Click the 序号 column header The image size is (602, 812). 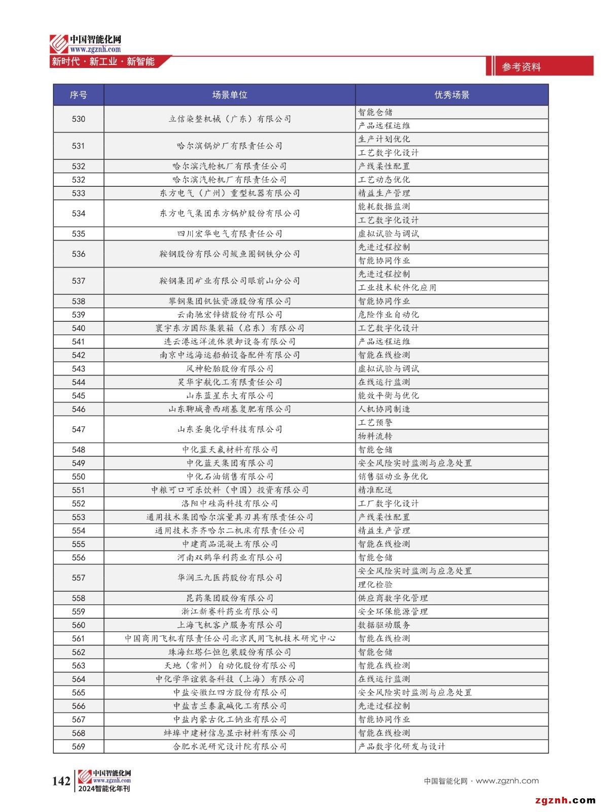click(x=78, y=95)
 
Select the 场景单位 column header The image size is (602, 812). click(x=229, y=95)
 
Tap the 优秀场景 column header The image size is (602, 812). click(x=451, y=95)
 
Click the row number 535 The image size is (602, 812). click(x=78, y=233)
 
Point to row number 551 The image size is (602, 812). click(x=78, y=490)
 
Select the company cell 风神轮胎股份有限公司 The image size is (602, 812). click(x=229, y=368)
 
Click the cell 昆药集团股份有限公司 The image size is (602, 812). click(x=229, y=598)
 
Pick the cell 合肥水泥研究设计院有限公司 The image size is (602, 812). click(x=229, y=747)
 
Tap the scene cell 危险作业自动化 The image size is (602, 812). click(x=388, y=315)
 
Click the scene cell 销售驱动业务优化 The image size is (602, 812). click(x=393, y=477)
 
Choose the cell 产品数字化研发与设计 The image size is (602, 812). click(x=401, y=747)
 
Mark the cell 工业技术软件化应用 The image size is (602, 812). click(x=397, y=288)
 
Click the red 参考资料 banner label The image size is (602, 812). click(x=521, y=66)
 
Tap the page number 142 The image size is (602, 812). click(x=61, y=781)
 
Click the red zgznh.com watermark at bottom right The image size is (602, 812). click(x=565, y=800)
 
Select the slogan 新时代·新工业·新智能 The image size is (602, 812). click(x=103, y=62)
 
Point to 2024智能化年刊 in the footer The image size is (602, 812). click(x=104, y=789)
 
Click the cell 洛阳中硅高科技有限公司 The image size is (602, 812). click(x=229, y=503)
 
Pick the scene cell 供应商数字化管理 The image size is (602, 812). click(x=393, y=598)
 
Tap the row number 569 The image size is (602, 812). click(x=78, y=747)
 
